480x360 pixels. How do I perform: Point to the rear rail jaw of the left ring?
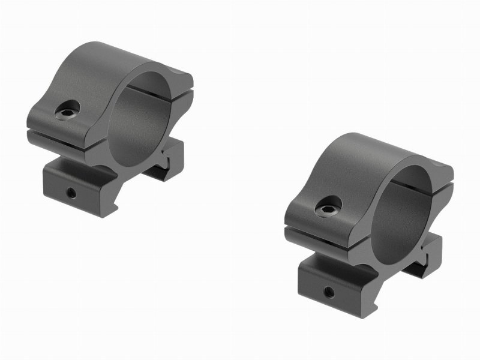(x=162, y=165)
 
